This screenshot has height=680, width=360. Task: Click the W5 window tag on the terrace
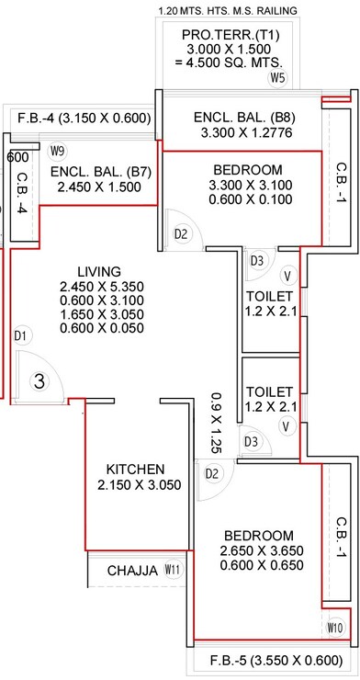coord(278,78)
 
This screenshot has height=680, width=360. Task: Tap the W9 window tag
coord(59,151)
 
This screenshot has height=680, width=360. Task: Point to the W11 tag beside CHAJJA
coord(172,570)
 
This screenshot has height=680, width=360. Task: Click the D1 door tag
coord(21,335)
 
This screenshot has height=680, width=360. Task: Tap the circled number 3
coord(39,380)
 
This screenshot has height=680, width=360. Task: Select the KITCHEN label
coord(135,468)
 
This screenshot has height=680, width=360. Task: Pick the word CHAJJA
coord(132,570)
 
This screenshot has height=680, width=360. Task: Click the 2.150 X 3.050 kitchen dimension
coord(140,486)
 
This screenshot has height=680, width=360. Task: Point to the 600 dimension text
coord(17,157)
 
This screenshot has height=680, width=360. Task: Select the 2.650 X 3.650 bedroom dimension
coord(257,551)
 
